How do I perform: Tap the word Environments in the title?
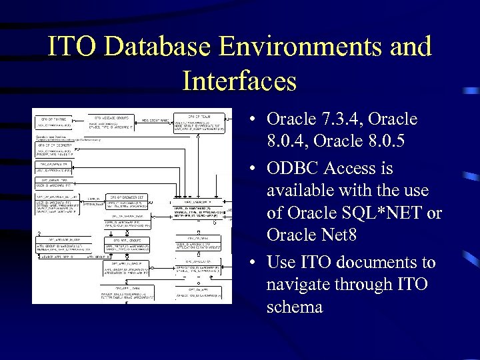[311, 47]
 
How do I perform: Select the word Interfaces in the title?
[239, 81]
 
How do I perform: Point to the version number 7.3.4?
[342, 119]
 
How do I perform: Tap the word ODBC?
[293, 167]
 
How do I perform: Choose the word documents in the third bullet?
[375, 263]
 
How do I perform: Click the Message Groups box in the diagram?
[110, 121]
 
